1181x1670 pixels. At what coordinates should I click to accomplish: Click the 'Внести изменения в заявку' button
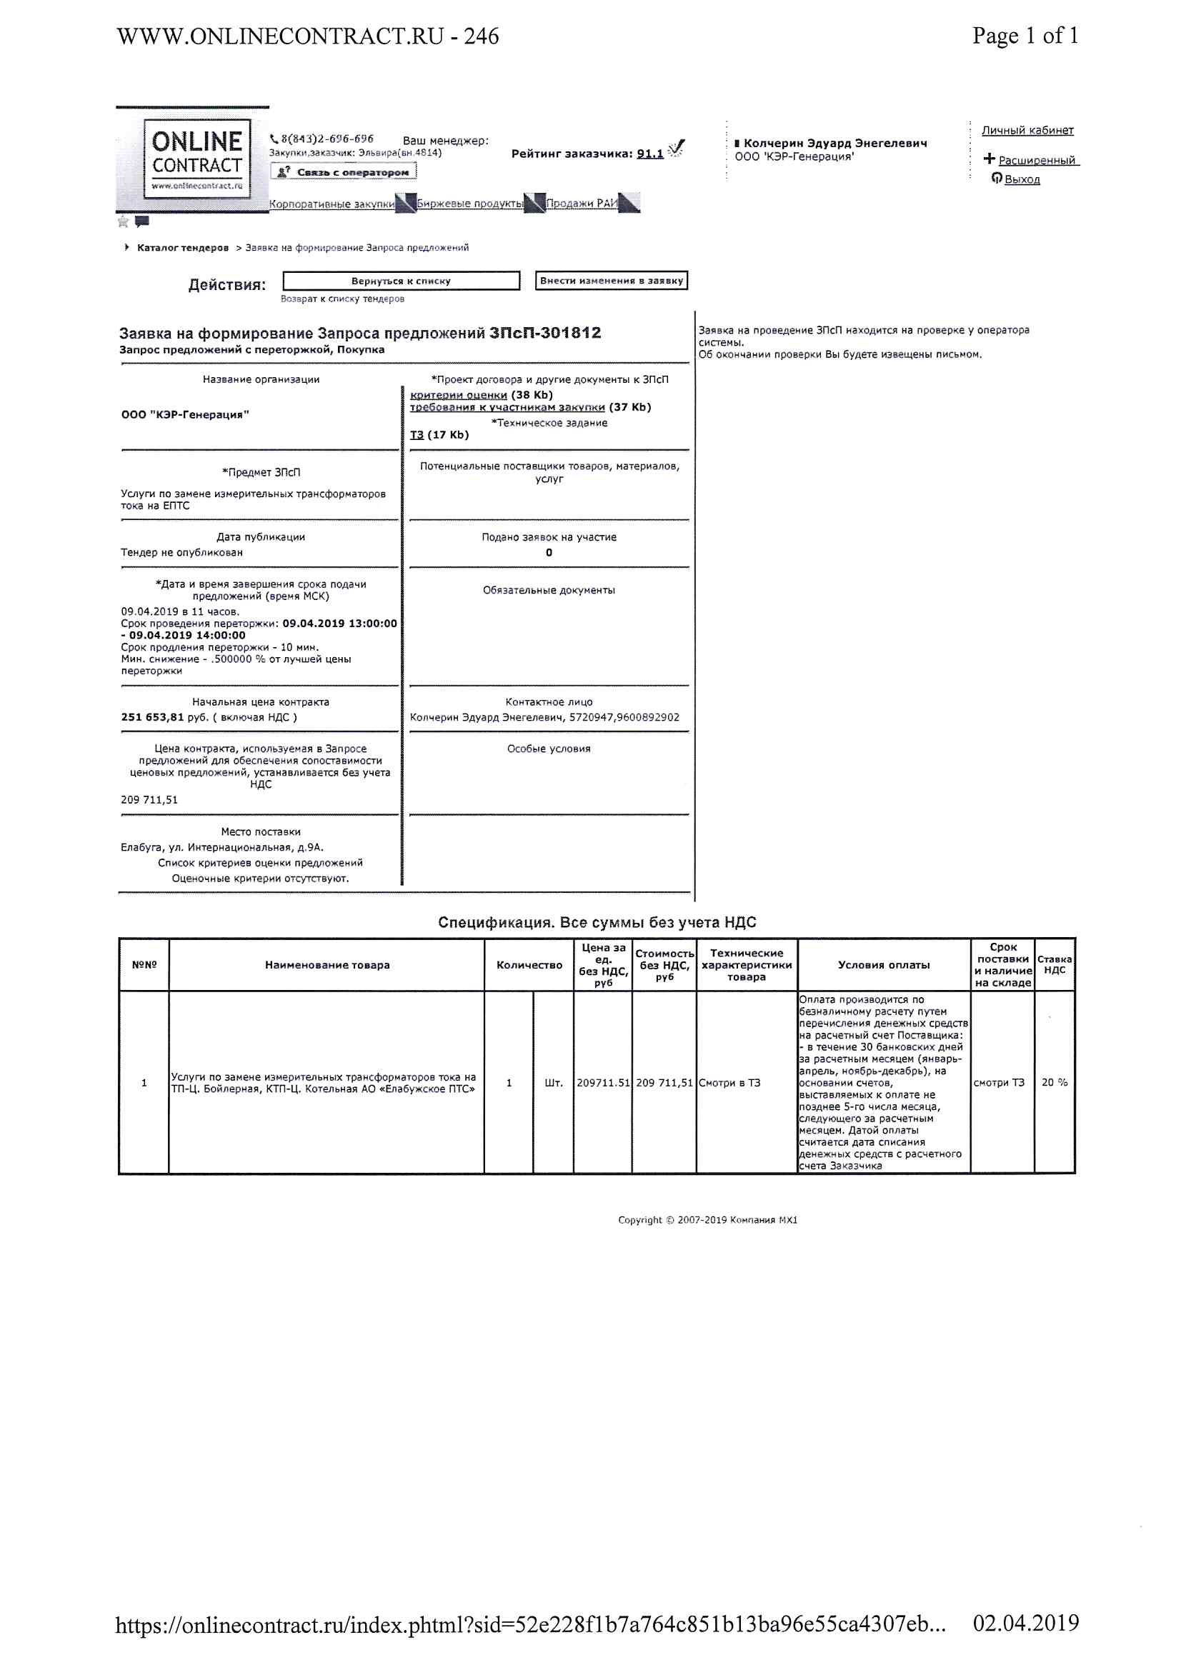coord(612,281)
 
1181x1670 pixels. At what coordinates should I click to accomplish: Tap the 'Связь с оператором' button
coord(344,172)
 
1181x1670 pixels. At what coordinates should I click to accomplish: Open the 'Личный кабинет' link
coord(1027,130)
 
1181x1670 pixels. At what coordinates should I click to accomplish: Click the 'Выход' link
coord(1022,180)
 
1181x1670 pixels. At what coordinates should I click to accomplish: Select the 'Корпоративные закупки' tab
coord(332,204)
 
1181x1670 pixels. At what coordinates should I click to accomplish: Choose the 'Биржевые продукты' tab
coord(469,204)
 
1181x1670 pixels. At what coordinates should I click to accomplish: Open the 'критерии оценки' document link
coord(459,395)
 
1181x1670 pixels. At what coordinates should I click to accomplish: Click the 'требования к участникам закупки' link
coord(507,407)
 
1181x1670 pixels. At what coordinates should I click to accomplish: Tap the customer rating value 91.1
coord(650,154)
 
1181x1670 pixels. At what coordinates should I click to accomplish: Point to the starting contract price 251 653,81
coord(153,717)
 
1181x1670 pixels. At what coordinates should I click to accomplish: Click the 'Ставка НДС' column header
coord(1054,964)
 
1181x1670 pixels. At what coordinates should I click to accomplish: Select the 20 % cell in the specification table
coord(1054,1082)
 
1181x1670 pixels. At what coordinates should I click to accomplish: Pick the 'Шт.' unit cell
coord(553,1083)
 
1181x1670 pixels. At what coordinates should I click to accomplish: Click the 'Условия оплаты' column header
coord(883,964)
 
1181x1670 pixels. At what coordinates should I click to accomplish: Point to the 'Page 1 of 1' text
coord(1025,36)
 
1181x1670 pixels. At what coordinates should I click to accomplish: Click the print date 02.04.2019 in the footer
coord(1025,1623)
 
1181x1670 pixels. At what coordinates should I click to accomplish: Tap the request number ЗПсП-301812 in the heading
coord(545,333)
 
